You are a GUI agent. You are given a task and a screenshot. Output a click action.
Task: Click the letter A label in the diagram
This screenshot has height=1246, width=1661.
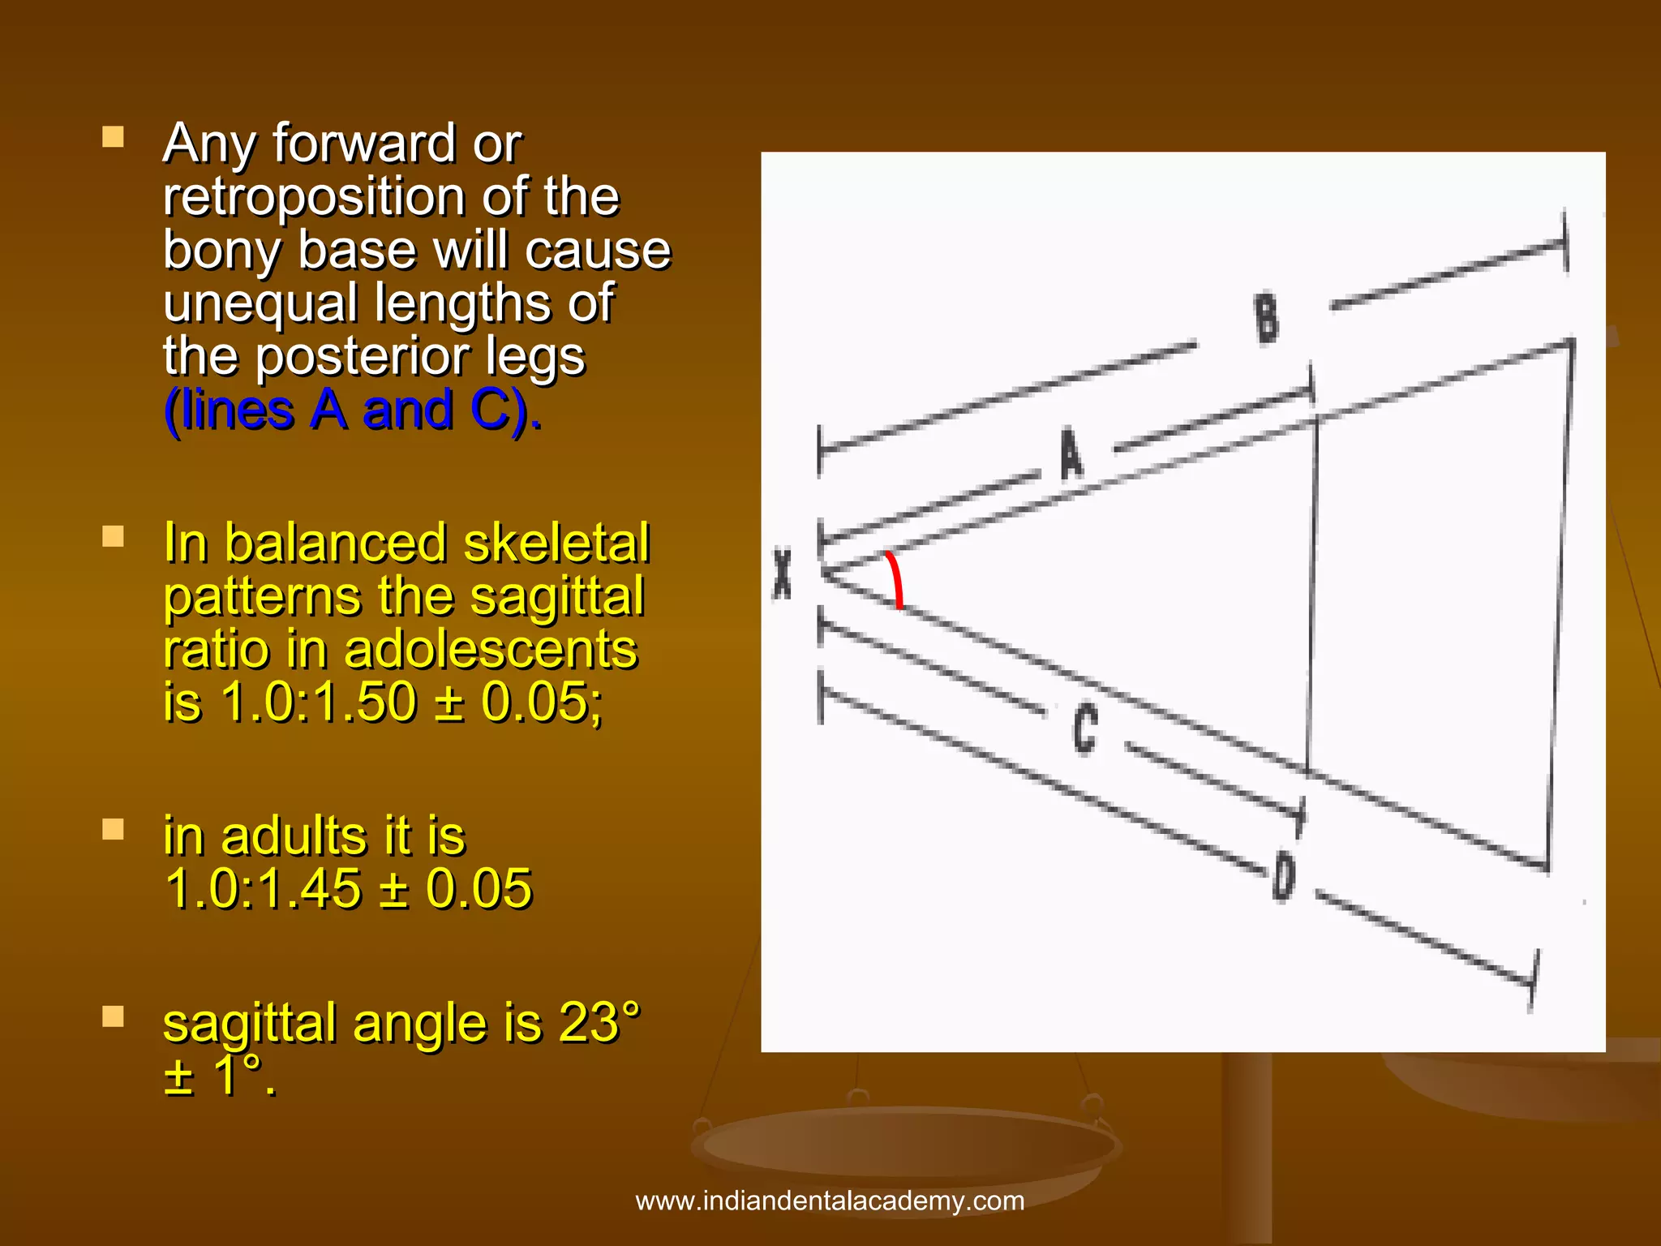[x=1071, y=454]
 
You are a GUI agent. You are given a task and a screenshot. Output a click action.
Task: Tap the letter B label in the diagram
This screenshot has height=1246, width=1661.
[x=1267, y=320]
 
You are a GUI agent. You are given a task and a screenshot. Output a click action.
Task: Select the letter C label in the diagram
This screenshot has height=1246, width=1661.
[x=1085, y=728]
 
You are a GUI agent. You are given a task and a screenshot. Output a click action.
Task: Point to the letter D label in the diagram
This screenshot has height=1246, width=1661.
[x=1284, y=876]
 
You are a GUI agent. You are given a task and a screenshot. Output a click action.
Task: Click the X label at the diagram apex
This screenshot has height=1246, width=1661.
[x=782, y=574]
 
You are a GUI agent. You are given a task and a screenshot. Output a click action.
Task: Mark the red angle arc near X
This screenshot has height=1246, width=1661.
[x=895, y=579]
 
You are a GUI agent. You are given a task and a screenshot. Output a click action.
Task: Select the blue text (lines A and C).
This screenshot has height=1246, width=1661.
[x=352, y=410]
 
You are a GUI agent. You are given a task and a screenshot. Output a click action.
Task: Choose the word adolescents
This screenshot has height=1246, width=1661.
[x=490, y=650]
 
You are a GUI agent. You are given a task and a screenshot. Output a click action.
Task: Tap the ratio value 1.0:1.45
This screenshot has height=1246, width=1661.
[x=263, y=888]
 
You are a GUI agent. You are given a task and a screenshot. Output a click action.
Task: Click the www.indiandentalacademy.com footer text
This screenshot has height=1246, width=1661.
[x=830, y=1201]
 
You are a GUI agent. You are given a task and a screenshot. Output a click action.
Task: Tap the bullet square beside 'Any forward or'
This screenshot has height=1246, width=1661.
[x=114, y=136]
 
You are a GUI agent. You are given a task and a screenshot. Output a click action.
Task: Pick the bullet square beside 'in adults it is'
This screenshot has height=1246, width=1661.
[x=114, y=829]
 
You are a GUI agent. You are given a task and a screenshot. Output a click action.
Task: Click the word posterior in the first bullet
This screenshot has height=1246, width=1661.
[x=419, y=357]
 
